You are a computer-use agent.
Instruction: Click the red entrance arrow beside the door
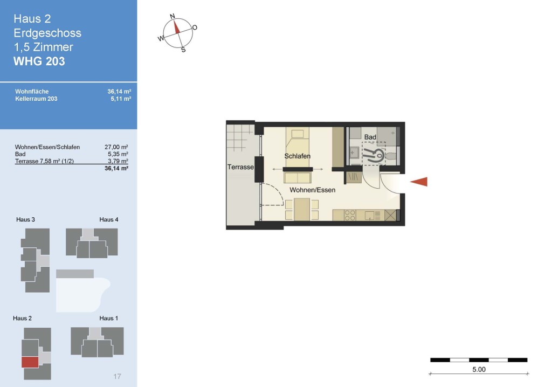pyautogui.click(x=419, y=181)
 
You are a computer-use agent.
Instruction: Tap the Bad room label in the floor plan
pyautogui.click(x=370, y=137)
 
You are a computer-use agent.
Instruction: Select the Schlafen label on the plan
pyautogui.click(x=298, y=156)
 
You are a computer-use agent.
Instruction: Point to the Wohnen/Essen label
pyautogui.click(x=312, y=190)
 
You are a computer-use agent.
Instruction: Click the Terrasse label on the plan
pyautogui.click(x=240, y=167)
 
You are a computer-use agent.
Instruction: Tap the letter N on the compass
pyautogui.click(x=172, y=16)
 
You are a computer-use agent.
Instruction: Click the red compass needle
pyautogui.click(x=176, y=27)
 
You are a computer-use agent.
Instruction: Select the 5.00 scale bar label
pyautogui.click(x=479, y=369)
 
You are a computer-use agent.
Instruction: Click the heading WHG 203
pyautogui.click(x=39, y=61)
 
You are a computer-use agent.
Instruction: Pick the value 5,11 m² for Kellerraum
pyautogui.click(x=121, y=99)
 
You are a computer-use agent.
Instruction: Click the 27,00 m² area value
pyautogui.click(x=116, y=147)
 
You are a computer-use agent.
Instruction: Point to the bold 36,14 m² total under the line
pyautogui.click(x=116, y=168)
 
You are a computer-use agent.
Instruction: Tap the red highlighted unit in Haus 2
pyautogui.click(x=30, y=362)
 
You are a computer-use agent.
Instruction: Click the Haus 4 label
pyautogui.click(x=109, y=219)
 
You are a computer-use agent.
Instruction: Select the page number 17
pyautogui.click(x=117, y=376)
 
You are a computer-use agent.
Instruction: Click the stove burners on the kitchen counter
pyautogui.click(x=350, y=215)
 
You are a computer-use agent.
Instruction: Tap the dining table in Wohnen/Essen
pyautogui.click(x=302, y=210)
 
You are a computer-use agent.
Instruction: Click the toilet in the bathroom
pyautogui.click(x=391, y=156)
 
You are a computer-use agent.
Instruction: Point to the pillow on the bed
pyautogui.click(x=298, y=134)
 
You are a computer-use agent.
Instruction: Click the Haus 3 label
pyautogui.click(x=25, y=219)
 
